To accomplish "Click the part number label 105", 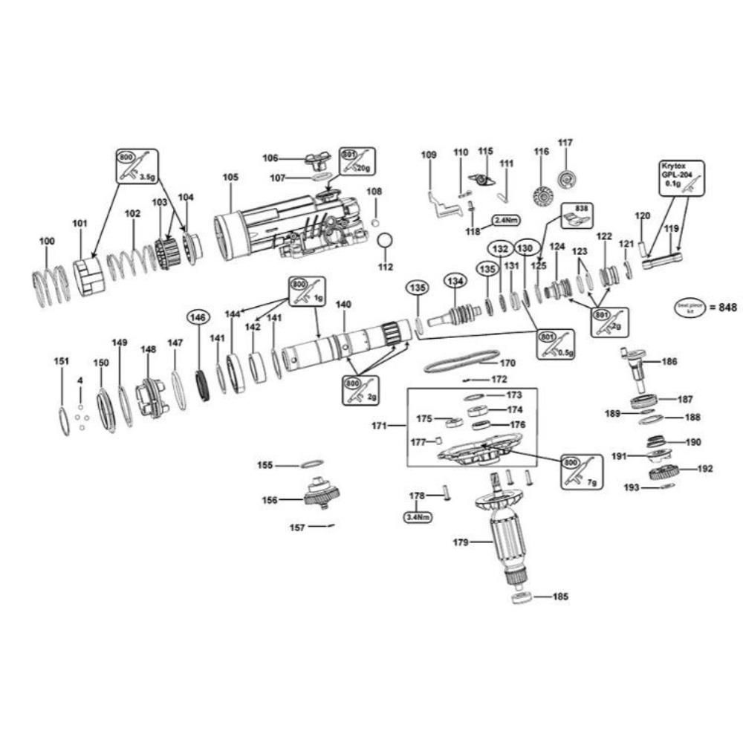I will coord(230,178).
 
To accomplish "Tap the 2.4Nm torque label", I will coord(504,221).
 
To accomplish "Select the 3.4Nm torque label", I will coord(418,516).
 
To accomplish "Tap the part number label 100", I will coord(46,241).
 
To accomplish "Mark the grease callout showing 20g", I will coord(357,162).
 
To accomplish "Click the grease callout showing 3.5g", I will coord(137,166).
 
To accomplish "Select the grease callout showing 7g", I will coord(582,470).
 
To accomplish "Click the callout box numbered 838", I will coord(576,216).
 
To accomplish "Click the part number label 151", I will coord(62,361).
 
